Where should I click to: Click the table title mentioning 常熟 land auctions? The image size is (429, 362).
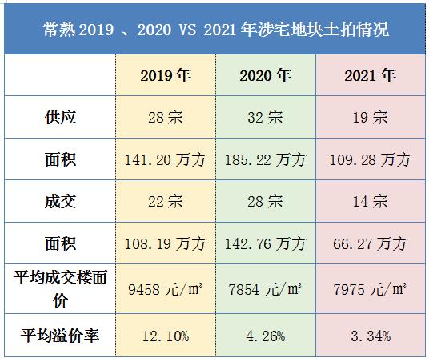point(214,30)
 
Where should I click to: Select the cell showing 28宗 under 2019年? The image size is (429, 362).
point(165,117)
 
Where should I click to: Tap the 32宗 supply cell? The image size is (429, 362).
point(266,117)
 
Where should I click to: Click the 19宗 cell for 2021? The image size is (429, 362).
point(370,117)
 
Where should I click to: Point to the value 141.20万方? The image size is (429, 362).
point(165,159)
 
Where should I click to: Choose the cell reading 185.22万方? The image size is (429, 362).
point(266,159)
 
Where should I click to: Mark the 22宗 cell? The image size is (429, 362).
point(165,201)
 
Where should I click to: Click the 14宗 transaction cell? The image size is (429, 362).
point(370,201)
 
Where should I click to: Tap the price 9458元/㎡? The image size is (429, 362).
point(165,289)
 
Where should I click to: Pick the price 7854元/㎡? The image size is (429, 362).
point(266,289)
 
